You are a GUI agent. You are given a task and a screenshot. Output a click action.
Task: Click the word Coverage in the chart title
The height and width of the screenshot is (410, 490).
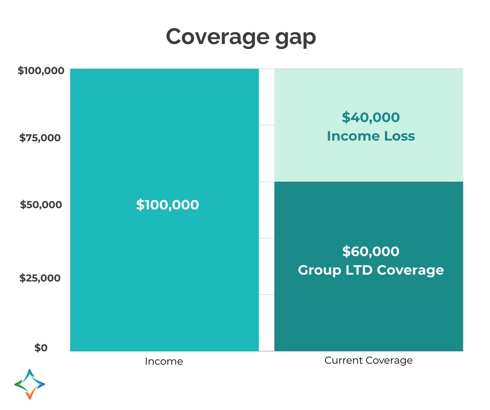[x=217, y=37]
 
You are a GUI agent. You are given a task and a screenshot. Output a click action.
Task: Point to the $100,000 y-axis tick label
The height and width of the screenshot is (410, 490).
[x=41, y=71]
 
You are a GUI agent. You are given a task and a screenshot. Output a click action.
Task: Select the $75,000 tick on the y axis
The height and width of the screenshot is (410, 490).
[x=40, y=138]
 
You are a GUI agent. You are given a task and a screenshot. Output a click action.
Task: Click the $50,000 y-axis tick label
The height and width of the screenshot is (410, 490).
[x=41, y=205]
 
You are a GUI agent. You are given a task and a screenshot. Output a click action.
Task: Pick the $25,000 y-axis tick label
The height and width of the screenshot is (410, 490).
[x=40, y=278]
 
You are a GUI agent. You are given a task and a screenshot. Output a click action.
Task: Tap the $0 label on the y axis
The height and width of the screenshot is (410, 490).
[x=41, y=348]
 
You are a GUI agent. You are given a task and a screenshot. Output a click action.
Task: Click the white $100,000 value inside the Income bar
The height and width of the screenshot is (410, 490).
[x=167, y=205]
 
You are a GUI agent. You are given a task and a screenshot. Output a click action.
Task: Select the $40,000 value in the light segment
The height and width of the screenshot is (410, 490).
[x=371, y=117]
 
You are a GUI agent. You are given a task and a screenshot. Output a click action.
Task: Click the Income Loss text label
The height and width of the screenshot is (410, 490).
[x=371, y=136]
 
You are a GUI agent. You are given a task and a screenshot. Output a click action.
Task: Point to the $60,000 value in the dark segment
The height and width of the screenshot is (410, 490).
[x=371, y=251]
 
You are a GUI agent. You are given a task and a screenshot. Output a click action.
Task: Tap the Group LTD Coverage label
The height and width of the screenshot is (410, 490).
[x=371, y=270]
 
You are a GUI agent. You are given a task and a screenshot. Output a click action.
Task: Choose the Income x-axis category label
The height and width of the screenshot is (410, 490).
[x=164, y=361]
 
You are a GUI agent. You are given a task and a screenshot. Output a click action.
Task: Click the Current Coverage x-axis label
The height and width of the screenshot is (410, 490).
[x=368, y=360]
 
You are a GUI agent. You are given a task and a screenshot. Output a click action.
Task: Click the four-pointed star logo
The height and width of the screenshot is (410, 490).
[x=30, y=384]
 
